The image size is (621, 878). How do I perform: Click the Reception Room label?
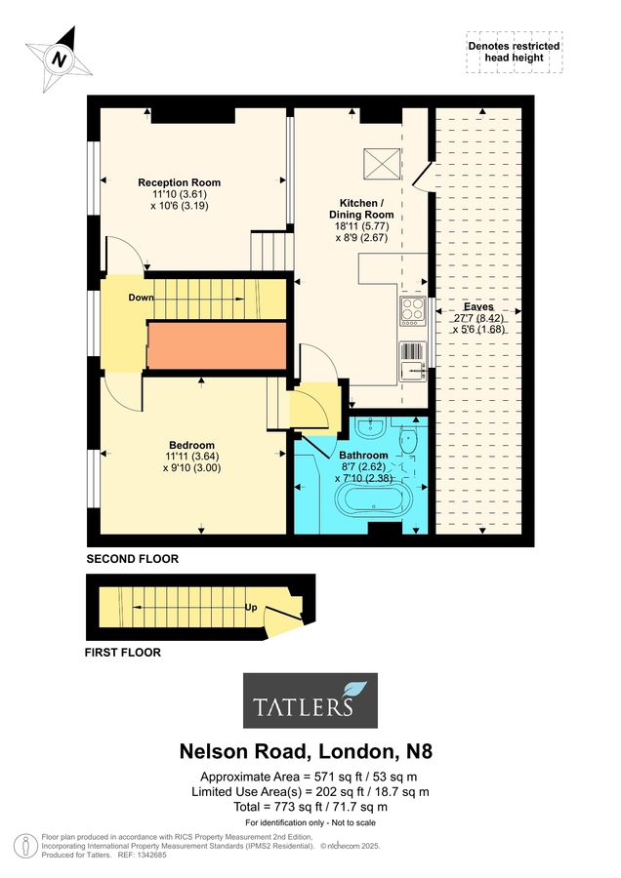[180, 182]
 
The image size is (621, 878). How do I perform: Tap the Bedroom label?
[191, 445]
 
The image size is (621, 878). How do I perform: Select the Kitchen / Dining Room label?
[361, 209]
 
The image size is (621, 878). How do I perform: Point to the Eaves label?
[478, 307]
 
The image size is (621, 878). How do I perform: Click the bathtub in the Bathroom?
[373, 499]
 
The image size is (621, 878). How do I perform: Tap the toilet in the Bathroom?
[408, 440]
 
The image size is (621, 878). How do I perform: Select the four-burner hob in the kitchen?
[412, 311]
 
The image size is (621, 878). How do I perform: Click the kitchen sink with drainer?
[412, 362]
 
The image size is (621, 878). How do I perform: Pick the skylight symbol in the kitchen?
[382, 164]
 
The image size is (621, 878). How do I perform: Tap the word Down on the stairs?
[141, 298]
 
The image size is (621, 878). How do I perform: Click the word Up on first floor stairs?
[251, 607]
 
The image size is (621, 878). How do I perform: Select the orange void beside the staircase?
[217, 345]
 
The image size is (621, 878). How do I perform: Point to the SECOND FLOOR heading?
[132, 559]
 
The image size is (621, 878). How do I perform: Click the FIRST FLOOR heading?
[123, 653]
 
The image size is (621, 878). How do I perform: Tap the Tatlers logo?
[310, 700]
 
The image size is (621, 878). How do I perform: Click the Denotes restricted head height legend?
[514, 52]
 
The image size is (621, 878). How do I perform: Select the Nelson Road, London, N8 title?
[306, 751]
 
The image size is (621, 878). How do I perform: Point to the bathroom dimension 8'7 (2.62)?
[363, 466]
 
